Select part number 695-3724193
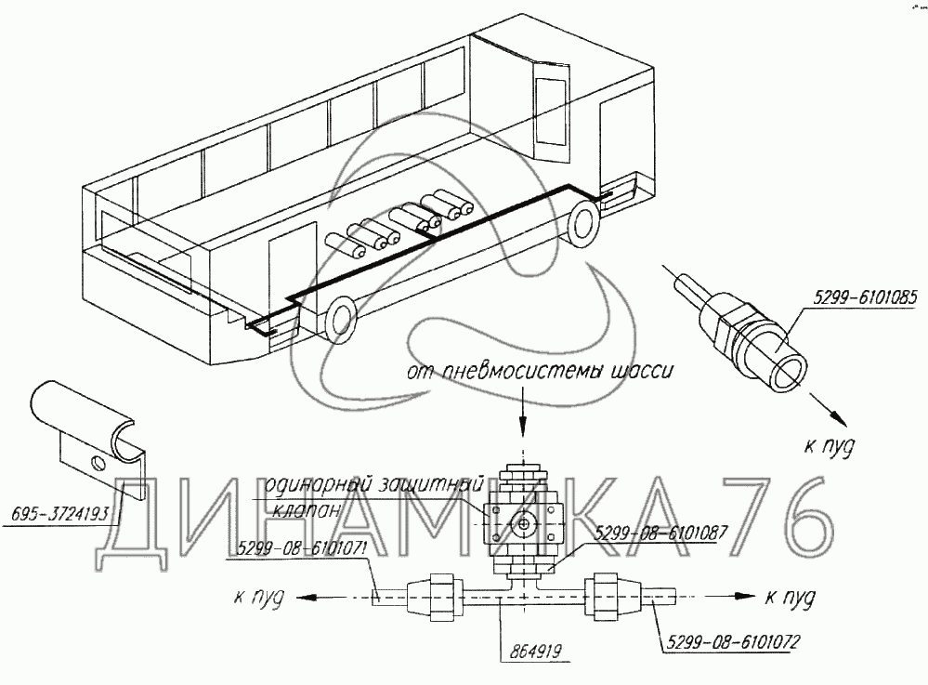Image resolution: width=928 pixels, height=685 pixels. coord(59,512)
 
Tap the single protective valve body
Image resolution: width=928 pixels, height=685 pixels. coord(526,523)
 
